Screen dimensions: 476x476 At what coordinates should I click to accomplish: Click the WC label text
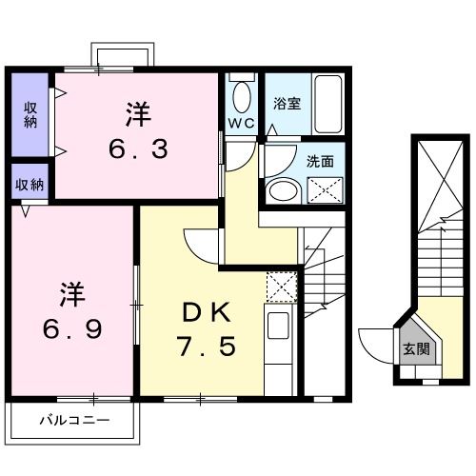tap(240, 124)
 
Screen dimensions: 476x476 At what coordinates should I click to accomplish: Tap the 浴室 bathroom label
tap(287, 103)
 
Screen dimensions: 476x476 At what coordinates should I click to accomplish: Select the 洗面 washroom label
tap(320, 162)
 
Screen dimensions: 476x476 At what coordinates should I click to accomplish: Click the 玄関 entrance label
tap(415, 349)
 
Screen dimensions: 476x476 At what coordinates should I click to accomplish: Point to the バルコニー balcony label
tap(74, 419)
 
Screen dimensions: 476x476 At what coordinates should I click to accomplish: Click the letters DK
tap(204, 310)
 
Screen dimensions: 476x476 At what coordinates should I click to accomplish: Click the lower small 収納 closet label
tap(30, 185)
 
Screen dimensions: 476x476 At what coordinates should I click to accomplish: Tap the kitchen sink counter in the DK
tap(279, 343)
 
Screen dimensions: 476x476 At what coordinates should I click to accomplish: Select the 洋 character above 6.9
tap(73, 290)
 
